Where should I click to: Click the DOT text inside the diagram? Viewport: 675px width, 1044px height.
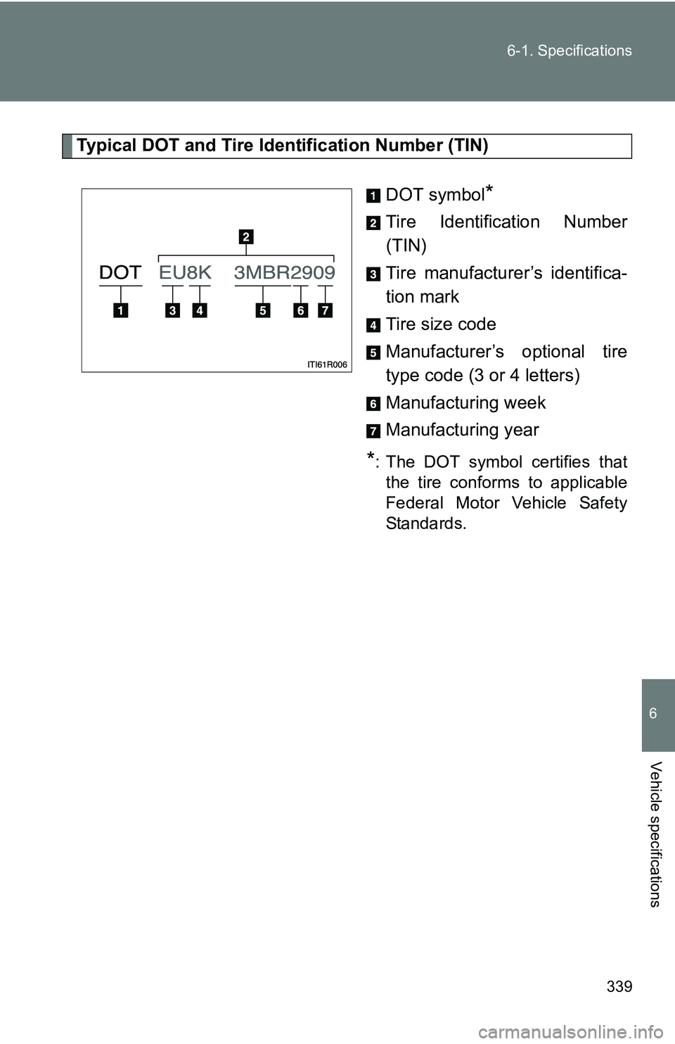tap(120, 272)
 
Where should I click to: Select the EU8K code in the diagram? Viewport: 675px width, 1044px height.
tap(185, 272)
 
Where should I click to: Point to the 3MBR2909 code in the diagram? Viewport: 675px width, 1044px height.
tap(284, 272)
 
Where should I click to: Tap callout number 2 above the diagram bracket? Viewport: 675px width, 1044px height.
tap(245, 236)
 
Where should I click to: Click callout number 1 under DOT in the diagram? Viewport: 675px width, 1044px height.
tap(120, 310)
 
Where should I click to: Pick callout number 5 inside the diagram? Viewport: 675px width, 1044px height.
tap(263, 310)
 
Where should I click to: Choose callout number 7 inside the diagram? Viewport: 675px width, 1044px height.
tap(325, 310)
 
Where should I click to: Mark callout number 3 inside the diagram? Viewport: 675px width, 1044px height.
tap(172, 310)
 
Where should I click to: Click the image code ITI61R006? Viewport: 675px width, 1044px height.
tap(327, 364)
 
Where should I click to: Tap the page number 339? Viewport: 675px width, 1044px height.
tap(619, 986)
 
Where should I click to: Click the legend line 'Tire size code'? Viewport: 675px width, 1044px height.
tap(441, 324)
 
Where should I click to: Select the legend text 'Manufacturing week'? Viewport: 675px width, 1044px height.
tap(465, 403)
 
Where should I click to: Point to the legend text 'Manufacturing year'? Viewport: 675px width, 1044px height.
tap(462, 430)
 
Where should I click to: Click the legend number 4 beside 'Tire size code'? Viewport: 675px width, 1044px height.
tap(373, 325)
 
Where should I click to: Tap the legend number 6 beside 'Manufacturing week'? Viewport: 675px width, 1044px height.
tap(373, 404)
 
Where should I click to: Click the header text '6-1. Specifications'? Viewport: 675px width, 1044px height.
tap(569, 51)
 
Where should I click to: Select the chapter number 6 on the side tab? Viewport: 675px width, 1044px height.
tap(653, 714)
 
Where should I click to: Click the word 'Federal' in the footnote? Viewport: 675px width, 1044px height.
tap(415, 503)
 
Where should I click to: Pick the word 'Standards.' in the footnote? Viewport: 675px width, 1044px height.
tap(425, 523)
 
